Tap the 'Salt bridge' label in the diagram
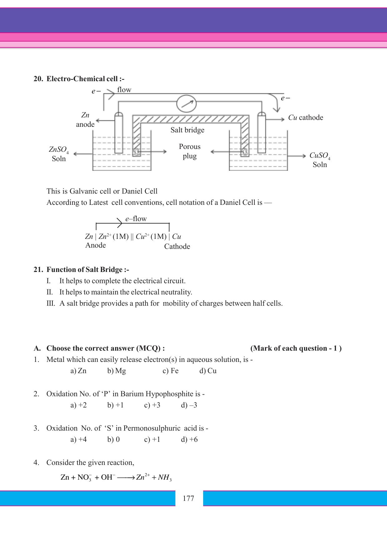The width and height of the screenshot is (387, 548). point(187,130)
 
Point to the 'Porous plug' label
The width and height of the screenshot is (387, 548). point(190,151)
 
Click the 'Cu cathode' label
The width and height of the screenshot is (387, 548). point(306,118)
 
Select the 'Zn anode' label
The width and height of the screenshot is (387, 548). point(85,120)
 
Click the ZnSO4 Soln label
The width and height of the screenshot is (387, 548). point(59,154)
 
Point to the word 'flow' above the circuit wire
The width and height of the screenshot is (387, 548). point(124,90)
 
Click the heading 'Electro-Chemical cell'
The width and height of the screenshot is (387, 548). point(85,79)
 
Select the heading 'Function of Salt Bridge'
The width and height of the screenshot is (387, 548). point(87,269)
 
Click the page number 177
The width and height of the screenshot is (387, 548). point(189,498)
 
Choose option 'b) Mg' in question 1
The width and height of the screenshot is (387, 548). point(117,371)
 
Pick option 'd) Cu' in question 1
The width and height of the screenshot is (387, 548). point(208,371)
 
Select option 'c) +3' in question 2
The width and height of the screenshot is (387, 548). point(152,405)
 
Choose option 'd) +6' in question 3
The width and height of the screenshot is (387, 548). point(189,439)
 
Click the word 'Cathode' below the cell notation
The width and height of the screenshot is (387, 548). point(177,246)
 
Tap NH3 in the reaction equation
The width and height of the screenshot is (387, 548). point(165,477)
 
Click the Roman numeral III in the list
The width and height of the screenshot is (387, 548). point(51,303)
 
